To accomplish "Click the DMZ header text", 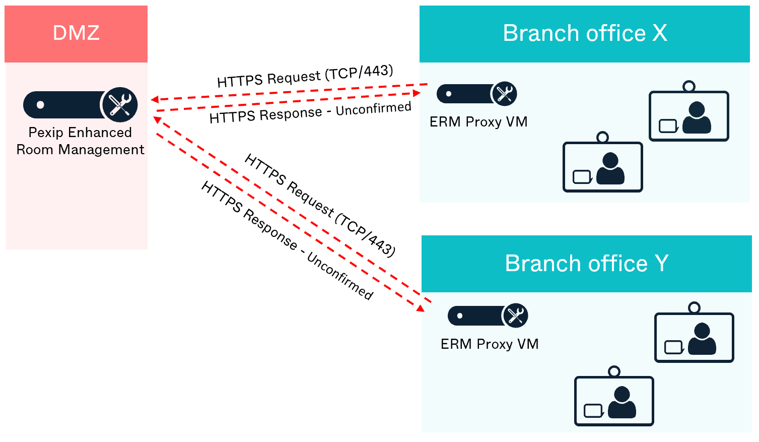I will tap(76, 33).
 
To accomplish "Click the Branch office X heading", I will tap(585, 34).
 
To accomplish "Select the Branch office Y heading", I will tap(586, 264).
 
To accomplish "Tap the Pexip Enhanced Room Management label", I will tap(80, 141).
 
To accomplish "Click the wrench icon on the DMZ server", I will tap(120, 105).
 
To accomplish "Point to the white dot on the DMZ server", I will tap(40, 105).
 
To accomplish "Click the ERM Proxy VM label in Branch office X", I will tap(478, 122).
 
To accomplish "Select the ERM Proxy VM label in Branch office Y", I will tap(490, 344).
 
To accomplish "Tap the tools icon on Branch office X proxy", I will tap(504, 94).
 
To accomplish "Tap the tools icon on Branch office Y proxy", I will tap(515, 316).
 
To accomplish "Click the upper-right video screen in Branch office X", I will tap(688, 116).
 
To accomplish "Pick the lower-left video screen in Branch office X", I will tap(602, 167).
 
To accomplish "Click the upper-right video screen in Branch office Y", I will tap(694, 338).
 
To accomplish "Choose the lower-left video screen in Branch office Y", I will tap(614, 401).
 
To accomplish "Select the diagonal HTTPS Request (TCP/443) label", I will tap(320, 206).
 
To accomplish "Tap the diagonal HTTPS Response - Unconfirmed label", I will tap(287, 241).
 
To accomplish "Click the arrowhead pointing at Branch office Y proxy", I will tap(421, 308).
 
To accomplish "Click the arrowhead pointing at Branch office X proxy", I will tap(417, 93).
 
